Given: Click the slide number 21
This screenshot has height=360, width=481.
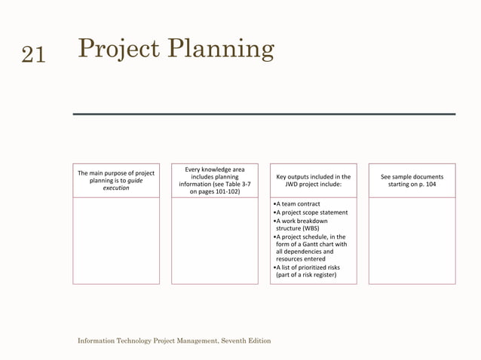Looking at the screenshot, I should coord(32,53).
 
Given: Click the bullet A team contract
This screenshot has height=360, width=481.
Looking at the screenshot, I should coord(297,204).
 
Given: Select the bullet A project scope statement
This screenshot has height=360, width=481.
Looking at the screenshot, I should coord(311,212).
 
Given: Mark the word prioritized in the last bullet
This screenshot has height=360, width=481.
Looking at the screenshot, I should coord(310,267).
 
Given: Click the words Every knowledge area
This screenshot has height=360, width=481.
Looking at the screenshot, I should coord(214,169).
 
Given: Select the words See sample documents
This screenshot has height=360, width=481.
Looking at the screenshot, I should coord(412,177).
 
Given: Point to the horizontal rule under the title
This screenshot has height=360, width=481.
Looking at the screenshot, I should coord(264,114).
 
